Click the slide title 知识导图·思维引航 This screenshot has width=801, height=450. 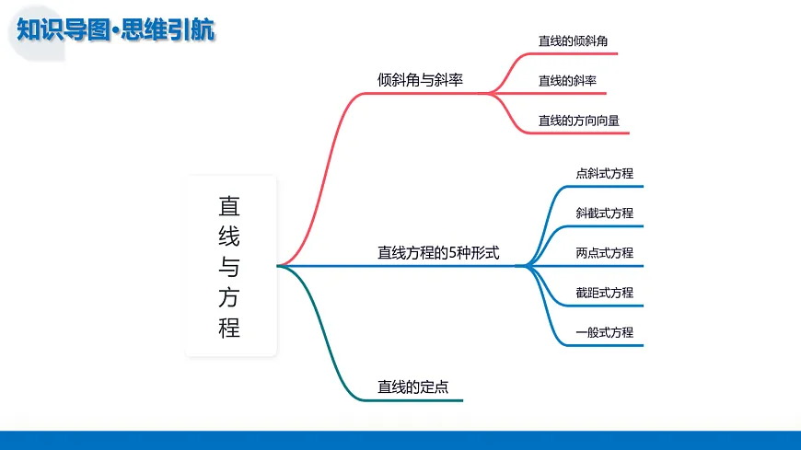click(116, 29)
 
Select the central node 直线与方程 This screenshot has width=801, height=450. click(230, 266)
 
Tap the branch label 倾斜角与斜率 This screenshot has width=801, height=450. click(420, 80)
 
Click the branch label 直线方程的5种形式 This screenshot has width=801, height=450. click(438, 252)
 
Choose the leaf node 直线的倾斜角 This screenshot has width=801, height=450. click(573, 41)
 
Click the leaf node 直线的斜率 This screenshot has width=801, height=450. click(567, 81)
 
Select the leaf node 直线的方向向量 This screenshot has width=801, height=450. click(579, 121)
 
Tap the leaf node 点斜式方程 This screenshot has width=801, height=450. click(604, 173)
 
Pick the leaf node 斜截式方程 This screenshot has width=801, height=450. click(604, 213)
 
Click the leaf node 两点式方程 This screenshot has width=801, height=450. click(604, 253)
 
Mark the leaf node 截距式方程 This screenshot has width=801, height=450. click(604, 293)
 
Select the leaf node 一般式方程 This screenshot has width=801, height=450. click(604, 332)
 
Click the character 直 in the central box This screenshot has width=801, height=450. click(229, 206)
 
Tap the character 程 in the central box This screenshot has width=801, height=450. click(229, 327)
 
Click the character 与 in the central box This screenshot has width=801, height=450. click(229, 267)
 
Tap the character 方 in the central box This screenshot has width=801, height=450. click(229, 296)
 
